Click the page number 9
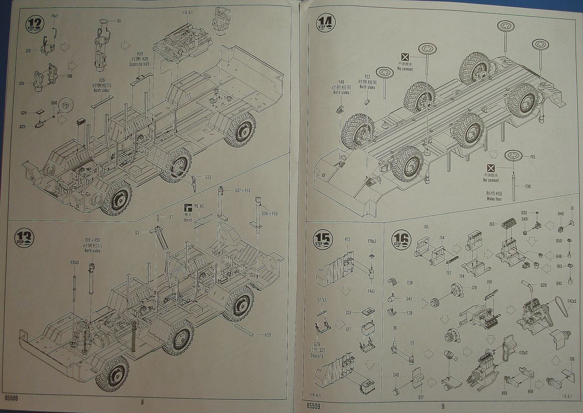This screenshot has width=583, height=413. click(442, 405)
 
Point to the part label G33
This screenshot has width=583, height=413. click(208, 177)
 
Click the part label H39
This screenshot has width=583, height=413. click(267, 334)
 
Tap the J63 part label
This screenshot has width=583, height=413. click(492, 224)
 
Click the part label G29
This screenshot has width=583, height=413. click(543, 286)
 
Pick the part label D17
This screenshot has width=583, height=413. click(421, 397)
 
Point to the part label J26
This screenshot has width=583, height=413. click(474, 288)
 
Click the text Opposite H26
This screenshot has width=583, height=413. click(139, 64)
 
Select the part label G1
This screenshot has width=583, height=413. click(119, 21)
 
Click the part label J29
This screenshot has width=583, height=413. click(28, 50)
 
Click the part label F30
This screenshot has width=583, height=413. click(528, 186)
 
